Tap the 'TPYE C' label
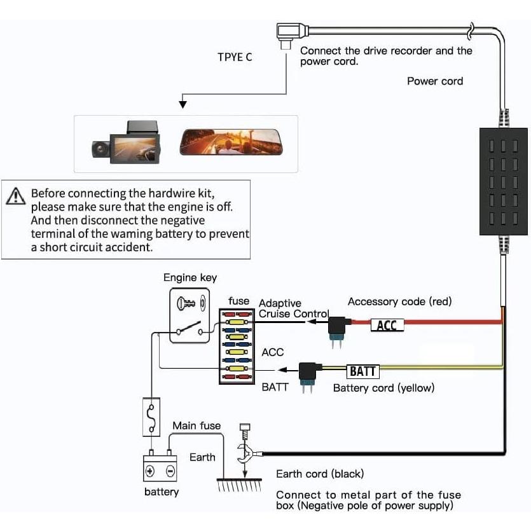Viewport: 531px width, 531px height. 235,57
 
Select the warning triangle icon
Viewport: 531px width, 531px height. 15,196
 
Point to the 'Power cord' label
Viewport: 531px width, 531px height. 435,81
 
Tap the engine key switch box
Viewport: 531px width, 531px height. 190,315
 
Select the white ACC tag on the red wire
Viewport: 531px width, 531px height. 387,326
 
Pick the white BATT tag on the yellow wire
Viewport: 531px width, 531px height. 363,371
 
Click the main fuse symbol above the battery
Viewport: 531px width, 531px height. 151,418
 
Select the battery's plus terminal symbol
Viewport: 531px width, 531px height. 150,471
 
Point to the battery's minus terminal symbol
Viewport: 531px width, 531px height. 170,471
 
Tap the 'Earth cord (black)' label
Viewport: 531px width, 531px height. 319,474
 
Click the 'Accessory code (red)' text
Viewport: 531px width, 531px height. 399,301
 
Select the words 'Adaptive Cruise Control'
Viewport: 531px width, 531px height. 293,309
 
